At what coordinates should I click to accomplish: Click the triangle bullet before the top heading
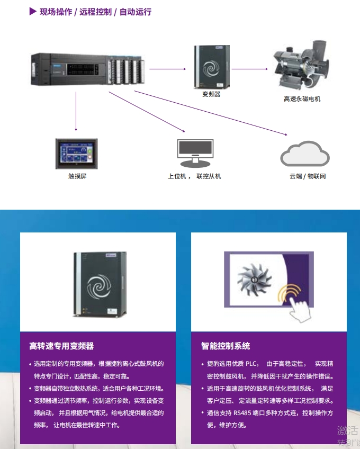pyautogui.click(x=33, y=12)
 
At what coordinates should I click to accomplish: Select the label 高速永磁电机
pyautogui.click(x=302, y=99)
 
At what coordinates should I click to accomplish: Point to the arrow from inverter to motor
pyautogui.click(x=249, y=69)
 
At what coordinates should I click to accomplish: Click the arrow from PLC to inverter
pyautogui.click(x=167, y=69)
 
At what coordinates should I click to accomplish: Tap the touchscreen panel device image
pyautogui.click(x=76, y=154)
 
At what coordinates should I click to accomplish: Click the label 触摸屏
pyautogui.click(x=77, y=176)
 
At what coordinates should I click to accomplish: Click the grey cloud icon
pyautogui.click(x=304, y=154)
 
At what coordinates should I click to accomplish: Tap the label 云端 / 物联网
pyautogui.click(x=308, y=176)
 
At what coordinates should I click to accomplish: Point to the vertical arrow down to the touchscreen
pyautogui.click(x=76, y=111)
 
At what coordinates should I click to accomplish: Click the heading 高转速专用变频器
pyautogui.click(x=61, y=346)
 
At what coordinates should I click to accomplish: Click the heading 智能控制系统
pyautogui.click(x=226, y=346)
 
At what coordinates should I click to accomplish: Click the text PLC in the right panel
pyautogui.click(x=251, y=364)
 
